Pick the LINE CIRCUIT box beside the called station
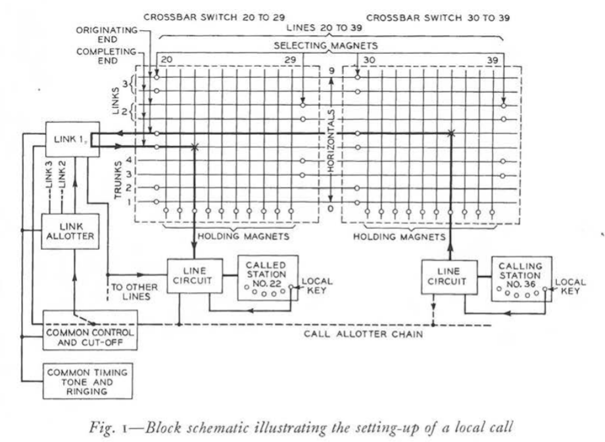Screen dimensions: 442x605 tap(191, 276)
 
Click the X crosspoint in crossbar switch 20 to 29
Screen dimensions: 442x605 tap(195, 147)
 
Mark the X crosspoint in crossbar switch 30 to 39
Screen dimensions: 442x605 tap(450, 134)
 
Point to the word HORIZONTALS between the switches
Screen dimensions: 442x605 tap(331, 141)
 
